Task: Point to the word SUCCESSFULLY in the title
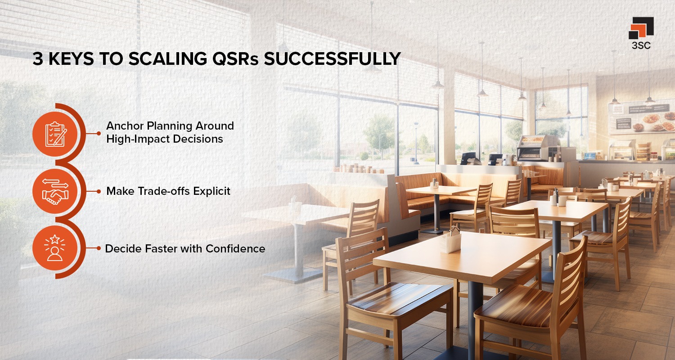click(332, 59)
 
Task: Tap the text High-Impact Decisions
click(165, 139)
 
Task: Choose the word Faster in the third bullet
click(162, 248)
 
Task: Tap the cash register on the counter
click(468, 158)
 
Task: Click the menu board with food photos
click(641, 117)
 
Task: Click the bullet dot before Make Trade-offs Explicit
click(99, 191)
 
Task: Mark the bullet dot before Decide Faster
click(99, 248)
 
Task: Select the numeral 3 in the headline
click(37, 59)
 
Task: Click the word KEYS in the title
click(71, 59)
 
